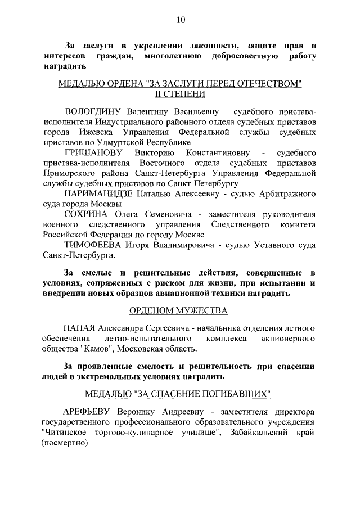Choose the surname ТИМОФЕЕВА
93,245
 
